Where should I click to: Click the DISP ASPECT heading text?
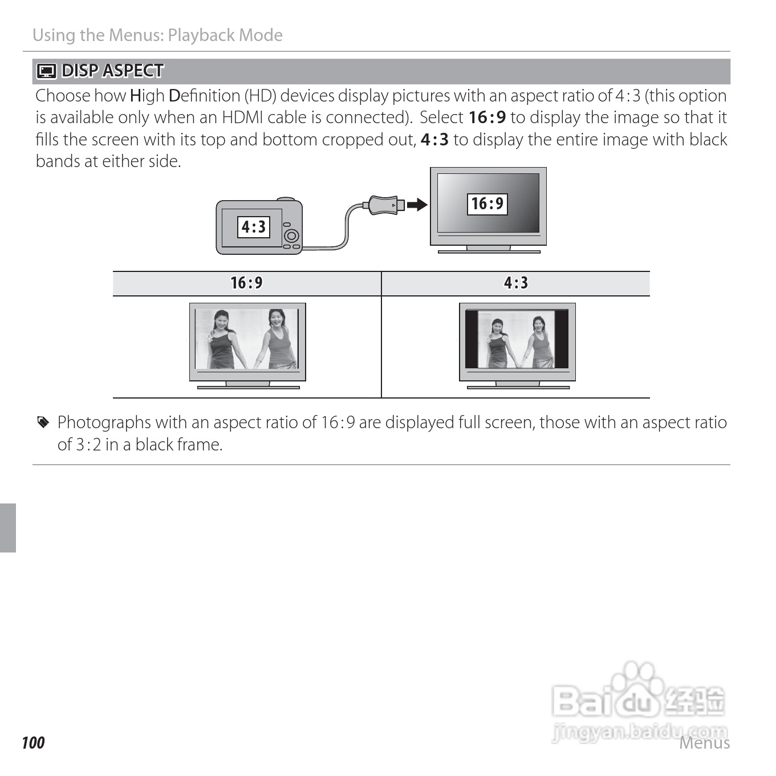point(112,71)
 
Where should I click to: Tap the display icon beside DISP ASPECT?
point(46,71)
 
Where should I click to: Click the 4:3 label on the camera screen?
point(254,227)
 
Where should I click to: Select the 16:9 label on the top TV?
point(487,204)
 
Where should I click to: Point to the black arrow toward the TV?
point(417,204)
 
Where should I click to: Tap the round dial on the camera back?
point(291,235)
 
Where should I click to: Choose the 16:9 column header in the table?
point(246,283)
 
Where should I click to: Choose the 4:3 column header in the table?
point(515,283)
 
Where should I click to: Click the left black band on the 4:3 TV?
point(472,339)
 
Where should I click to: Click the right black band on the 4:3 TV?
point(562,339)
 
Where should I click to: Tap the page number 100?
point(33,742)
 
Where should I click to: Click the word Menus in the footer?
point(704,743)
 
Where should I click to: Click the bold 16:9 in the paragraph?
point(487,117)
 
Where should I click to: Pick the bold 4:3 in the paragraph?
point(434,140)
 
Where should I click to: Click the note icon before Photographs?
point(43,422)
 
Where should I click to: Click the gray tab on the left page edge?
point(8,527)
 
